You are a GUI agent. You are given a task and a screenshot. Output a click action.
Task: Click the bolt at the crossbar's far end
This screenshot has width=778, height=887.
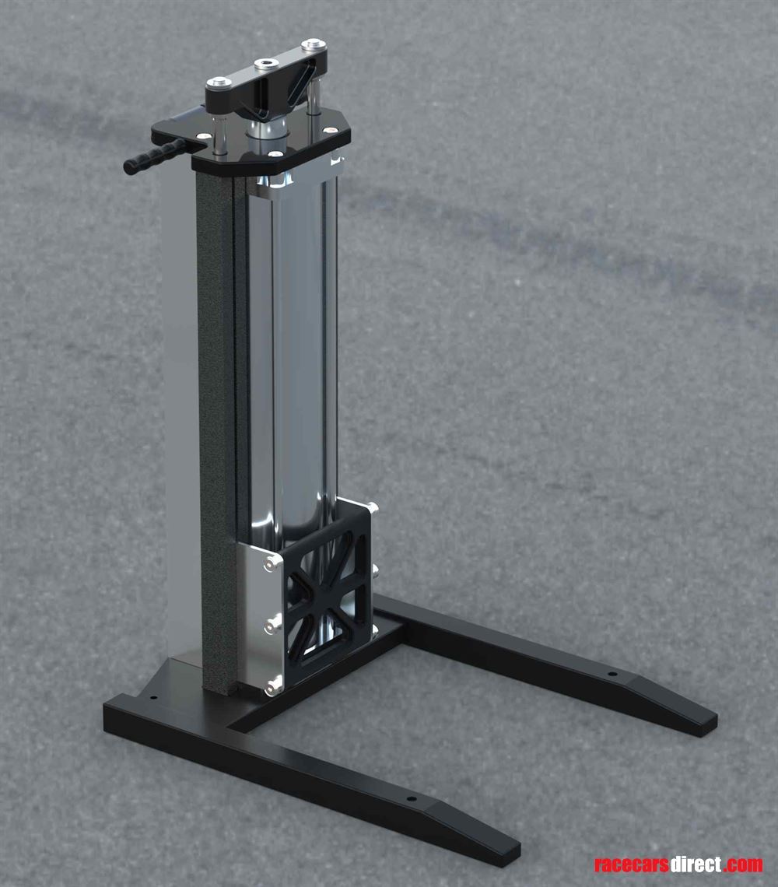tap(314, 44)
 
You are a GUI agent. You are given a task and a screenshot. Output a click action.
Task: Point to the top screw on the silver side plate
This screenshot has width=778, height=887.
tap(272, 562)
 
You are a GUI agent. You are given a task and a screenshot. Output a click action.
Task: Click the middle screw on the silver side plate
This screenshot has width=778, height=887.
tap(272, 622)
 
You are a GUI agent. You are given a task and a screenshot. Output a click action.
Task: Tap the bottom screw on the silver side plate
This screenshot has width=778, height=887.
tap(272, 685)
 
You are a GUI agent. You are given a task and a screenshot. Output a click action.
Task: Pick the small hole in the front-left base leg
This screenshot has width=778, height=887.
tap(412, 798)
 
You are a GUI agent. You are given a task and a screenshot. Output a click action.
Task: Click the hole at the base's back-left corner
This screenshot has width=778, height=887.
tap(152, 699)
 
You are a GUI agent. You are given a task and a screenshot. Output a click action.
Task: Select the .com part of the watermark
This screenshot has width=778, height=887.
tap(742, 864)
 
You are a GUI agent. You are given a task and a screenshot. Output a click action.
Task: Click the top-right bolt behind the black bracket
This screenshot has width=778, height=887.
tap(372, 509)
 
